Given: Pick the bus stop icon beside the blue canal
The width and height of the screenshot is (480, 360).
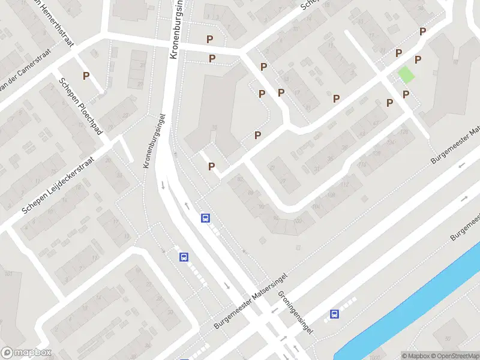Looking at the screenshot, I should click(334, 314).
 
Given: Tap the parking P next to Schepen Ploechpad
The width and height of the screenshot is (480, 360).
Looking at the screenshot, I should click(86, 76).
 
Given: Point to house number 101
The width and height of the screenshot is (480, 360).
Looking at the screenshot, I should click(9, 274).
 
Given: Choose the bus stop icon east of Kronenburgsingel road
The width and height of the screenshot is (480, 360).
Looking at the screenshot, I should click(206, 218).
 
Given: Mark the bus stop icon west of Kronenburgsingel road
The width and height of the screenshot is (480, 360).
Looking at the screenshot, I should click(184, 257).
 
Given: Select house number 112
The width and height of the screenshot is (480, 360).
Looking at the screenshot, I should click(345, 184).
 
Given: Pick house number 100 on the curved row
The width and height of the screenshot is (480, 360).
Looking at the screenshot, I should click(298, 221).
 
